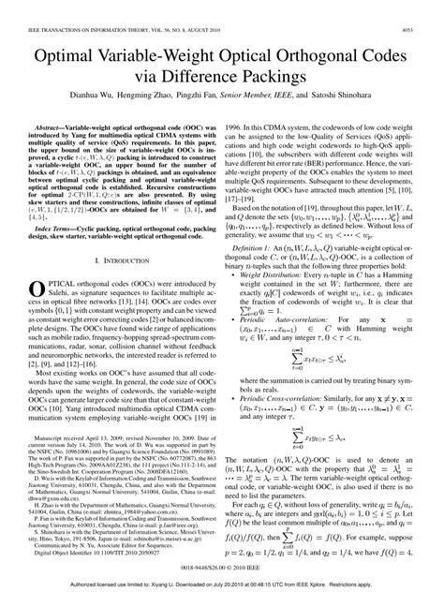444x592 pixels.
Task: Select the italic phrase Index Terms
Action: point(50,214)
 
